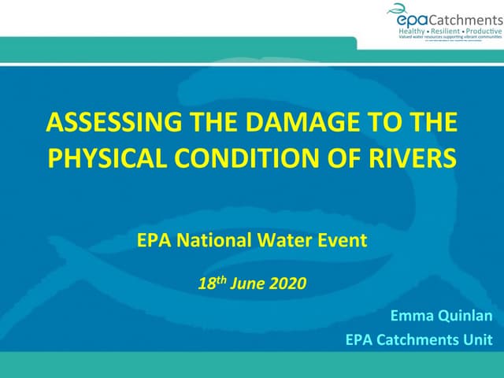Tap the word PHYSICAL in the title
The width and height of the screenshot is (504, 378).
tap(98, 157)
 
